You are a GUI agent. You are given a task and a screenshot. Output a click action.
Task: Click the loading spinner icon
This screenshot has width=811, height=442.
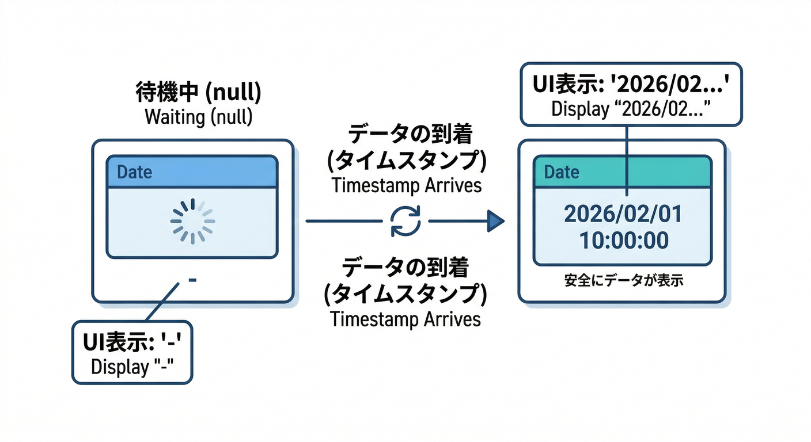click(193, 221)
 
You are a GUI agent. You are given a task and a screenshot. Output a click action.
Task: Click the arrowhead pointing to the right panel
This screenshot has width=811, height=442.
click(495, 221)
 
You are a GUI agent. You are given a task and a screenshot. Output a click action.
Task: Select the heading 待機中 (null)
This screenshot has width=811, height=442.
click(198, 92)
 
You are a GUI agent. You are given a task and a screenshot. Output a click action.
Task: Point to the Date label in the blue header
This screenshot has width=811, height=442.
click(134, 172)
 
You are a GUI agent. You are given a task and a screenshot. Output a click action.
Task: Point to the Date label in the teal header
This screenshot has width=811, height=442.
click(562, 172)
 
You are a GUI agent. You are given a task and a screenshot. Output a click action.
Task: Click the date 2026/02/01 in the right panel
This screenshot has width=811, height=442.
click(623, 215)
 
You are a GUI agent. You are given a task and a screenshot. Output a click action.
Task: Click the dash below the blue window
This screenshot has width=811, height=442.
click(193, 280)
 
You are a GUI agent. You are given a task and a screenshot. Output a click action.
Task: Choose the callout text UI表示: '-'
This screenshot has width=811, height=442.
click(132, 343)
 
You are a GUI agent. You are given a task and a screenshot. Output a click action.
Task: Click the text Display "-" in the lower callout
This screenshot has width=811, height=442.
click(132, 367)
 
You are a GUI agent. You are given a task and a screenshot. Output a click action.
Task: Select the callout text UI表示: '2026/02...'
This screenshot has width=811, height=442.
click(630, 85)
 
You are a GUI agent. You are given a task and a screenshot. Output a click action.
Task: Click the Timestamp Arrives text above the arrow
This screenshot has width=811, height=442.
click(406, 186)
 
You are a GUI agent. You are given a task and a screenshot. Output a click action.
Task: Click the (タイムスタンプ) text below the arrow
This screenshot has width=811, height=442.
click(406, 294)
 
